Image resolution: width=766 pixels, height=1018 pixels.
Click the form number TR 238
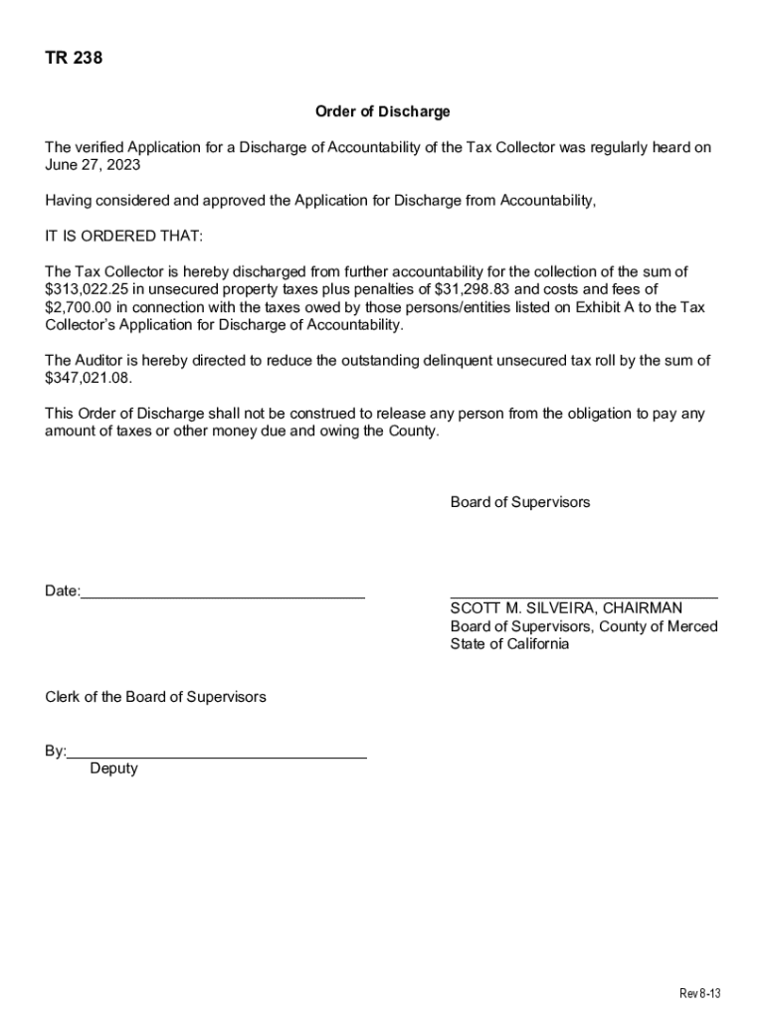(74, 59)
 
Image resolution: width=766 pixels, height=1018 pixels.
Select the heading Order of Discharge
(382, 112)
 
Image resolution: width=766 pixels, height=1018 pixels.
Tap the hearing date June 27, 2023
(93, 165)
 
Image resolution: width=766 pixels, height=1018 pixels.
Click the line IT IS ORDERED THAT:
(123, 237)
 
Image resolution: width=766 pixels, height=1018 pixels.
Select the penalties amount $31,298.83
(481, 289)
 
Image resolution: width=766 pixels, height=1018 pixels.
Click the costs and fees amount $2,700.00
(79, 307)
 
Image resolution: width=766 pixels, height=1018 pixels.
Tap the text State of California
(509, 644)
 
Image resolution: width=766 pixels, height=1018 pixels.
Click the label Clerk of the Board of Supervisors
(155, 697)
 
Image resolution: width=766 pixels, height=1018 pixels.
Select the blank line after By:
(217, 757)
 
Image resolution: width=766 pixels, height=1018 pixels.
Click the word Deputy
(113, 768)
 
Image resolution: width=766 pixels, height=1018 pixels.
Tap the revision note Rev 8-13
(699, 994)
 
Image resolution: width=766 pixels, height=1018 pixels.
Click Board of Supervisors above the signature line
(519, 502)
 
